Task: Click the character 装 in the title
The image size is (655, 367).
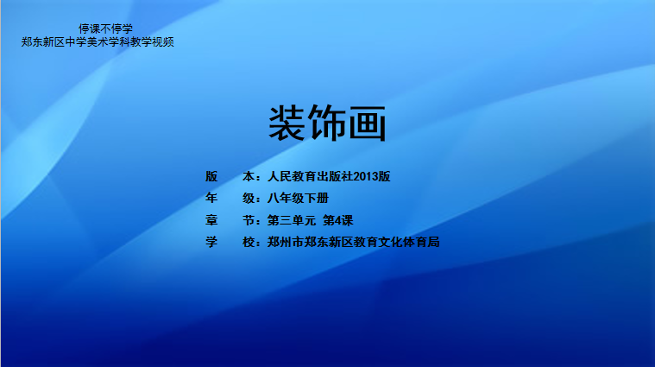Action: [287, 123]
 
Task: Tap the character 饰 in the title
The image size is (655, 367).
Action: [327, 123]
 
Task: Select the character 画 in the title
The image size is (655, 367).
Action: [367, 123]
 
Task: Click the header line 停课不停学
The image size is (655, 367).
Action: [105, 28]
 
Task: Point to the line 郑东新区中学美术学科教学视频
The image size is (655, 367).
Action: [98, 41]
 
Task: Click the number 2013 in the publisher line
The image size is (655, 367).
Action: [366, 176]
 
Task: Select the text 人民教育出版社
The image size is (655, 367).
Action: [311, 176]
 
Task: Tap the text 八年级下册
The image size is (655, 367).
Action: [298, 198]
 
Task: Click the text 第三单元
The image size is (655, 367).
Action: [292, 220]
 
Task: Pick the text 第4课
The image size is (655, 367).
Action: [338, 220]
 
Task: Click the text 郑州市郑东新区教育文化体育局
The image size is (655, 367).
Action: [354, 242]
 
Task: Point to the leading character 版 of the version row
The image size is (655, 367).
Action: [211, 176]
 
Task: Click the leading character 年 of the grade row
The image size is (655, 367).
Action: [211, 198]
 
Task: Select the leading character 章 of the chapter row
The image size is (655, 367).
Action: [211, 220]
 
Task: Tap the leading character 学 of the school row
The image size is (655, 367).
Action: [211, 242]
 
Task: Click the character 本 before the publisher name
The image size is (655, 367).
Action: [249, 176]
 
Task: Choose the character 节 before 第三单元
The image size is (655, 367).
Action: [249, 220]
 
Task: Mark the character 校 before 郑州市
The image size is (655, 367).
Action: [249, 242]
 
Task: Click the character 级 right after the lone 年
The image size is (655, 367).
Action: [249, 198]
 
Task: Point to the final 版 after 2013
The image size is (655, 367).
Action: [384, 176]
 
